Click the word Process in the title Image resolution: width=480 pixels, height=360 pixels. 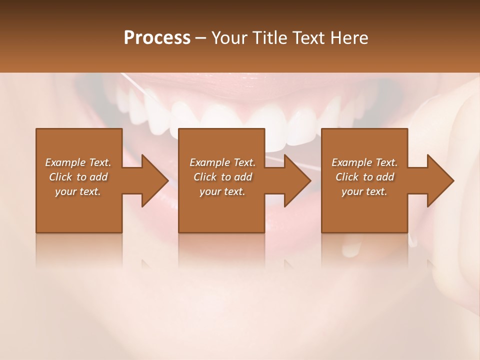[x=157, y=38]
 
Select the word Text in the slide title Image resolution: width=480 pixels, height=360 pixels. [x=311, y=38]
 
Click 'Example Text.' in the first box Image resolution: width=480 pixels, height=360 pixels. [x=78, y=162]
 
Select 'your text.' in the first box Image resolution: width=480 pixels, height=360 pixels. [x=78, y=191]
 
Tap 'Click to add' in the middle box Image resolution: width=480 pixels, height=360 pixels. [x=222, y=177]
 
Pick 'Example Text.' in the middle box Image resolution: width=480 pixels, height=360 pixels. [x=222, y=162]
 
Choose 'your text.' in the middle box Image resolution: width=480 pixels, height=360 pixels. [x=222, y=191]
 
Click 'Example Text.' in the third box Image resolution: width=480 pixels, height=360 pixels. [x=364, y=162]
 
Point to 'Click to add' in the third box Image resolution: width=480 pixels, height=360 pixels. [x=364, y=177]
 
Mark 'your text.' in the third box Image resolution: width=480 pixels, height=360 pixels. [x=364, y=191]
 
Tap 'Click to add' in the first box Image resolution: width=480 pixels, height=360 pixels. [x=78, y=177]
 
